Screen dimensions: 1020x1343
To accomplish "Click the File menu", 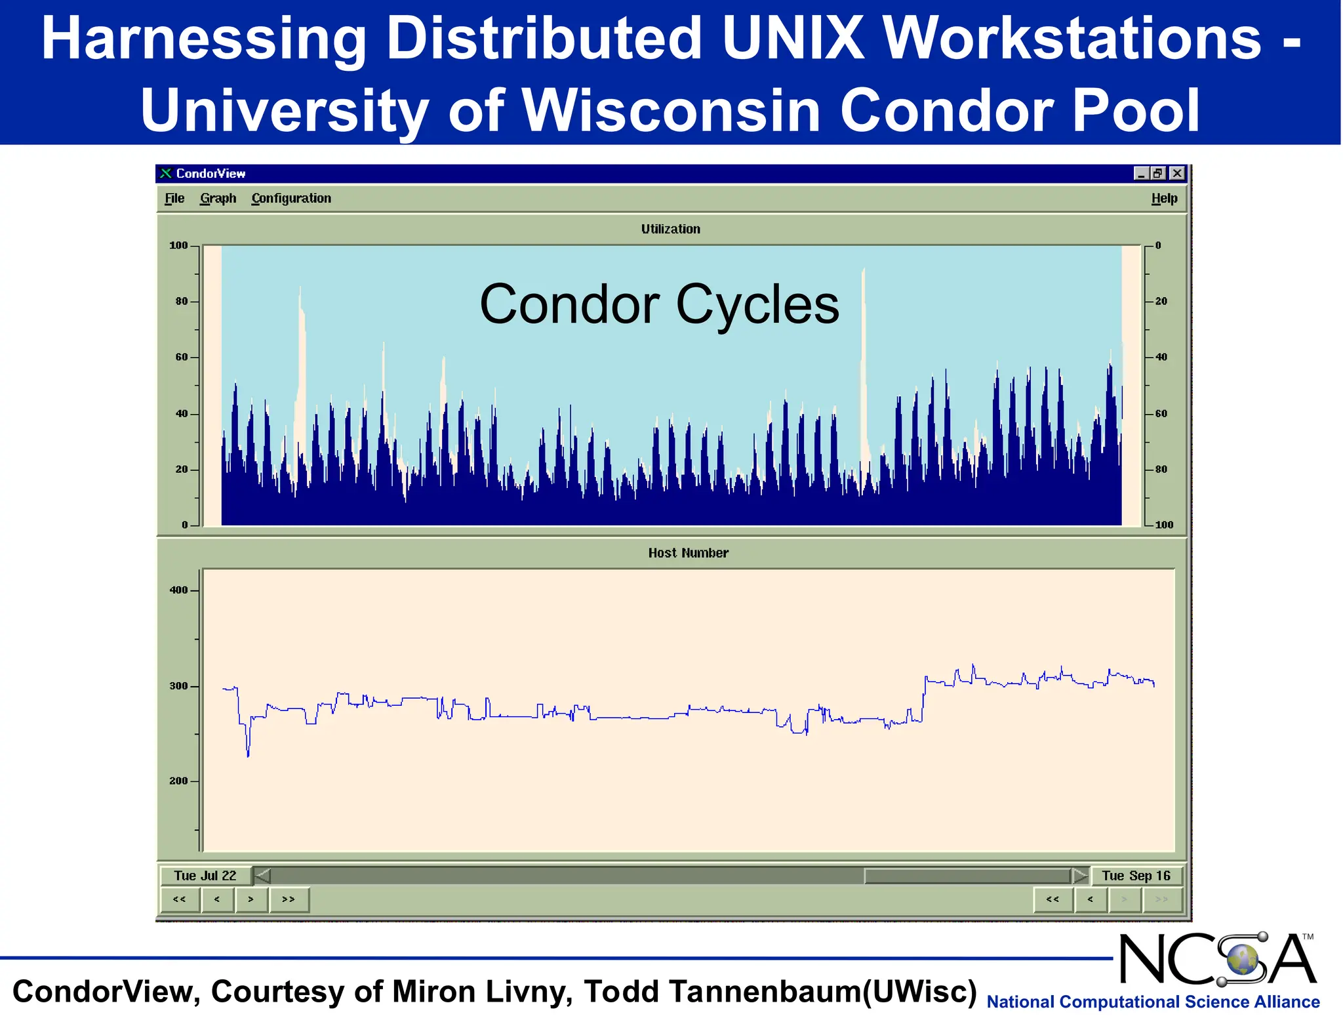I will (174, 198).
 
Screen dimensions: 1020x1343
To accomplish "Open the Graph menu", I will (218, 198).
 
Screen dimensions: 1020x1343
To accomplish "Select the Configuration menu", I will (291, 198).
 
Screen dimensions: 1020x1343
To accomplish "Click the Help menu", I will (1164, 198).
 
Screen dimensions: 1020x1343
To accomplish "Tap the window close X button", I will (1177, 173).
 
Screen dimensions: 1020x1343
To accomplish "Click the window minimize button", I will (1141, 173).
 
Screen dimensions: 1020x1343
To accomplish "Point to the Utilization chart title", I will (670, 229).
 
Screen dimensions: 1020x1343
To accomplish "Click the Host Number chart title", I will (688, 553).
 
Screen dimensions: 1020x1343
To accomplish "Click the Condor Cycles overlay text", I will (659, 304).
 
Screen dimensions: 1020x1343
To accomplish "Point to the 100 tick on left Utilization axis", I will (178, 245).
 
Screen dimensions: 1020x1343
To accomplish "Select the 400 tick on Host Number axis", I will (178, 590).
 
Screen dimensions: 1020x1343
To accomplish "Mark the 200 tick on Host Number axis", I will (178, 781).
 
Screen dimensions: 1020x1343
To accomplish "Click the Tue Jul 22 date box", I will (205, 876).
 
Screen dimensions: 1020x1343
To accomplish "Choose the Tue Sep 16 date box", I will (1136, 876).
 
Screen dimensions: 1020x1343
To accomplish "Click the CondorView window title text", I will (210, 173).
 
